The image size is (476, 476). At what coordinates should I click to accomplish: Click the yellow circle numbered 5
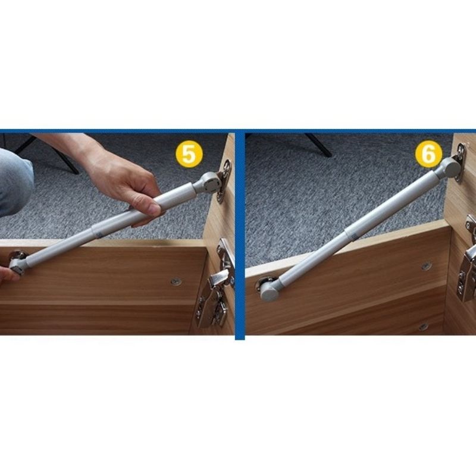(189, 154)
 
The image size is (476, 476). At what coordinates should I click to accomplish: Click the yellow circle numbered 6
(428, 154)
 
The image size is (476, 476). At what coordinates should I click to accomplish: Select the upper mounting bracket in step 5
(225, 181)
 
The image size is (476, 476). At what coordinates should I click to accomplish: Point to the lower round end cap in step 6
(270, 290)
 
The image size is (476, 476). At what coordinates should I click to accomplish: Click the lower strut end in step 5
(18, 265)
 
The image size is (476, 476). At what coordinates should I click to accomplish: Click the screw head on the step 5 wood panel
(176, 281)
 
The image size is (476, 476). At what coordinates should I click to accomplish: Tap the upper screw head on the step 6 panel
(426, 266)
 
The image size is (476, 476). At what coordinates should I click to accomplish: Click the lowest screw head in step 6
(422, 327)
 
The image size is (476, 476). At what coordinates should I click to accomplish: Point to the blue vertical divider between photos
(240, 234)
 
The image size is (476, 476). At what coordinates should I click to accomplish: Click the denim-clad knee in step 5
(15, 181)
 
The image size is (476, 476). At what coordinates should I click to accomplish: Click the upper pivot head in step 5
(209, 183)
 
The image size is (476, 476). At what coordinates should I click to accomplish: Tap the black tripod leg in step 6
(318, 145)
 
